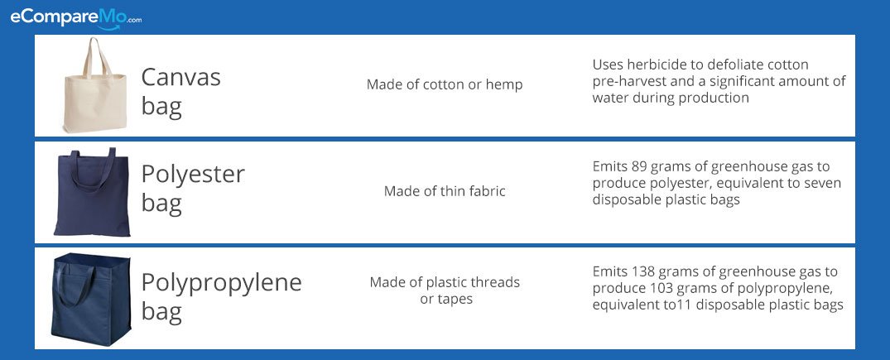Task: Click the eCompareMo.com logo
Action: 75,18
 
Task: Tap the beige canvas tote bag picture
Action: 94,85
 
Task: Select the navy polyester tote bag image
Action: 92,192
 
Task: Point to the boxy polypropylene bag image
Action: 91,300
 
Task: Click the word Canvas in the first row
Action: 180,77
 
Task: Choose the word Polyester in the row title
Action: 192,175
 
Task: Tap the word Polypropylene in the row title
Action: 221,283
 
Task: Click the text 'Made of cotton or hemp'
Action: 445,84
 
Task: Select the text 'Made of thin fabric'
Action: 445,191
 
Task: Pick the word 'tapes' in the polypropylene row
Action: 454,299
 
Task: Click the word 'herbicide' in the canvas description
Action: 652,65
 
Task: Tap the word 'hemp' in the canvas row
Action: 503,85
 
